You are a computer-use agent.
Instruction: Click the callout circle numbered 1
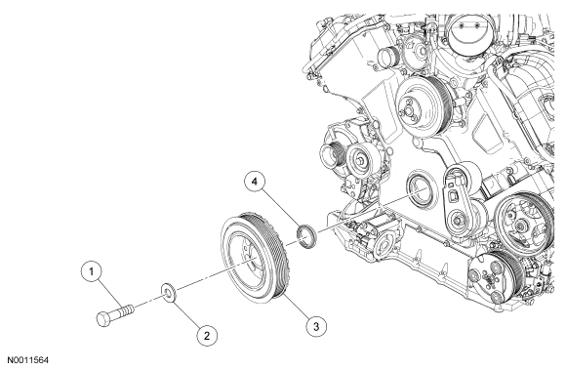coord(91,271)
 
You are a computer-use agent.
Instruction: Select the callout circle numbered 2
coord(207,336)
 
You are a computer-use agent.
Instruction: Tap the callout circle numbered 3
coord(316,327)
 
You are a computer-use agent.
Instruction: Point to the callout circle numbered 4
coord(255,182)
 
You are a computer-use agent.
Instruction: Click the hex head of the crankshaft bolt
coord(104,318)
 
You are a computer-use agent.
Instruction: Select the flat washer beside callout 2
coord(168,292)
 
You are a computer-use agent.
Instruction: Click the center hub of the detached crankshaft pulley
coord(250,258)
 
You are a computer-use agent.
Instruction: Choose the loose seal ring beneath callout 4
coord(306,236)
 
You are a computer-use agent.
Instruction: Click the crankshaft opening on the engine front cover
coord(419,190)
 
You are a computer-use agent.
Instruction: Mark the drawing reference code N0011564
coord(28,360)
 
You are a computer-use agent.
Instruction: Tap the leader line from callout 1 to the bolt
coord(110,294)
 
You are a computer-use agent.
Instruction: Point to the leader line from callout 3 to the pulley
coord(296,307)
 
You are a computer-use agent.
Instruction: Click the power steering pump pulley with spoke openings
coord(522,226)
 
